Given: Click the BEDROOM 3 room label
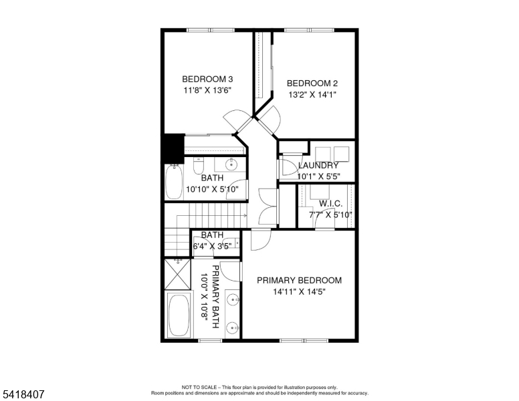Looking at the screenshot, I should point(207,79).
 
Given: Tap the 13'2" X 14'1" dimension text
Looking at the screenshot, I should point(312,95).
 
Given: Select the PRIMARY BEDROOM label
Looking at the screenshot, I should point(299,281).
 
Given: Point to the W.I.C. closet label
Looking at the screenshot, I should point(330,203).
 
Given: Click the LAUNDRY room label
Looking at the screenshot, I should point(318,166).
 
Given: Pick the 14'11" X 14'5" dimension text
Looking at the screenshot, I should point(299,292).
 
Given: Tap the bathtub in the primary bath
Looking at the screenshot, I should point(179,315).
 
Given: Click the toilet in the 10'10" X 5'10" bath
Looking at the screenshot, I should point(199,164).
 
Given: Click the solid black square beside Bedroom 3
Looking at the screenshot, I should point(174,147).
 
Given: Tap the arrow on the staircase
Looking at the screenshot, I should point(244,215).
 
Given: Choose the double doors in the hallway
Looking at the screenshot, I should point(267,206).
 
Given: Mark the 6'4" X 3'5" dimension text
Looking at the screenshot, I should point(212,246).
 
